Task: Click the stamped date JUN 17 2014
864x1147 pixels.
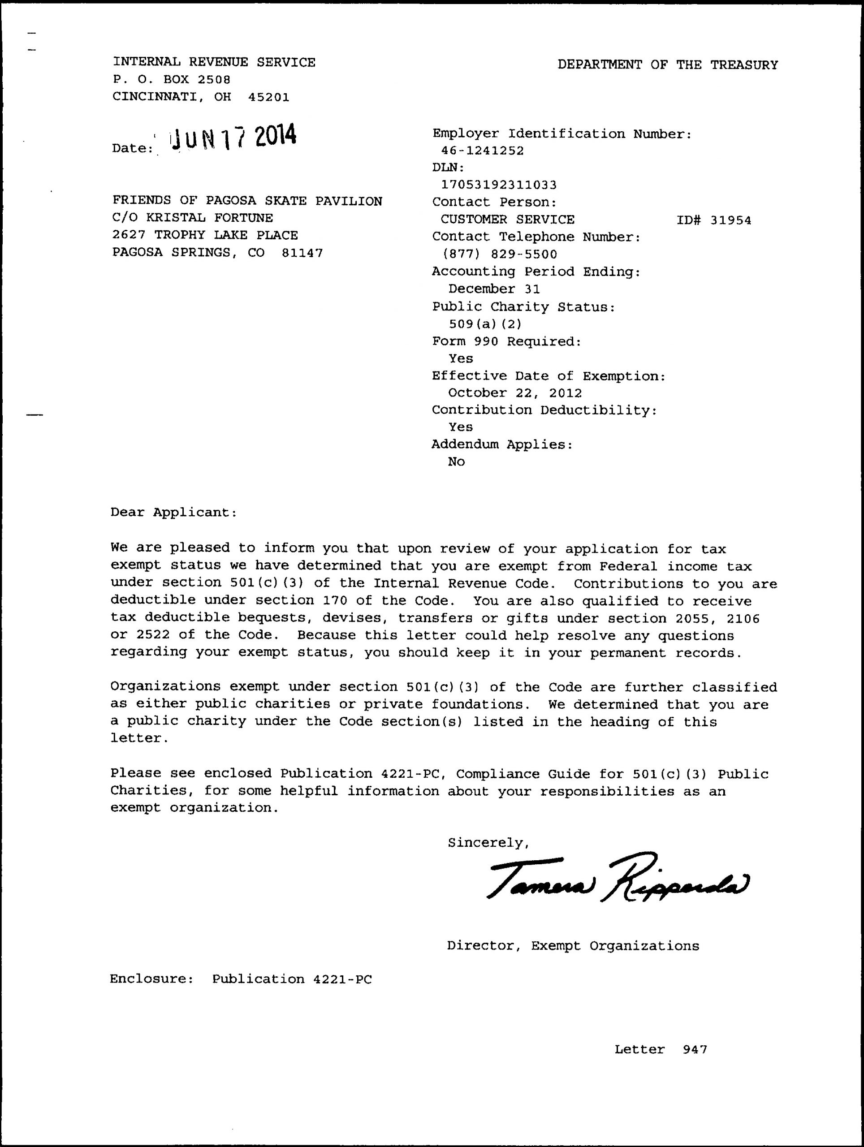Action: pyautogui.click(x=233, y=137)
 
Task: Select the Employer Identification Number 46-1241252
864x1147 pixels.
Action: pyautogui.click(x=482, y=151)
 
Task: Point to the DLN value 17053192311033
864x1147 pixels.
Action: pyautogui.click(x=498, y=185)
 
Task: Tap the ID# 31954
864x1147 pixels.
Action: pyautogui.click(x=713, y=220)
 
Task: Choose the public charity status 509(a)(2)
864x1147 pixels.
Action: pyautogui.click(x=485, y=324)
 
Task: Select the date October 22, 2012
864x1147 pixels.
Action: pyautogui.click(x=515, y=393)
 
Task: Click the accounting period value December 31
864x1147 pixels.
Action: pyautogui.click(x=494, y=289)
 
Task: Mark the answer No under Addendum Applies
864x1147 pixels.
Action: pyautogui.click(x=456, y=462)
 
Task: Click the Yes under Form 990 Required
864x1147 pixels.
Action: pyautogui.click(x=461, y=359)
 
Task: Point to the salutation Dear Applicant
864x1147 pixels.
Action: pyautogui.click(x=174, y=512)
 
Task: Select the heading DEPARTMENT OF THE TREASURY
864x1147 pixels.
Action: pyautogui.click(x=667, y=65)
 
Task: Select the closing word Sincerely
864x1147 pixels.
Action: pyautogui.click(x=488, y=843)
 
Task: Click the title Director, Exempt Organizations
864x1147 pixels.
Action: pyautogui.click(x=573, y=946)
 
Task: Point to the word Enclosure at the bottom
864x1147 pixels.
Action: pyautogui.click(x=151, y=979)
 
